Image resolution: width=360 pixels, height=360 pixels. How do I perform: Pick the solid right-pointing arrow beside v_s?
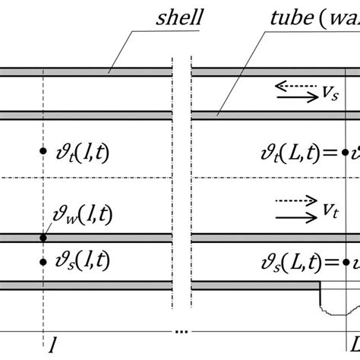click(295, 97)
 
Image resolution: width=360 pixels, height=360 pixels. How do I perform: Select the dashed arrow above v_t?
click(295, 201)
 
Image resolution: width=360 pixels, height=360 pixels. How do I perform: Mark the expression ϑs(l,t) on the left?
click(79, 262)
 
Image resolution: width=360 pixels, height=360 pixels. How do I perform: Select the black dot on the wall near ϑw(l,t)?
click(44, 238)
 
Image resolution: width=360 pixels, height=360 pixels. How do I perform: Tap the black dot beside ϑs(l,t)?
click(44, 262)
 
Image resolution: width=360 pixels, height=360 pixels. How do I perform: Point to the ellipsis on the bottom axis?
click(182, 332)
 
